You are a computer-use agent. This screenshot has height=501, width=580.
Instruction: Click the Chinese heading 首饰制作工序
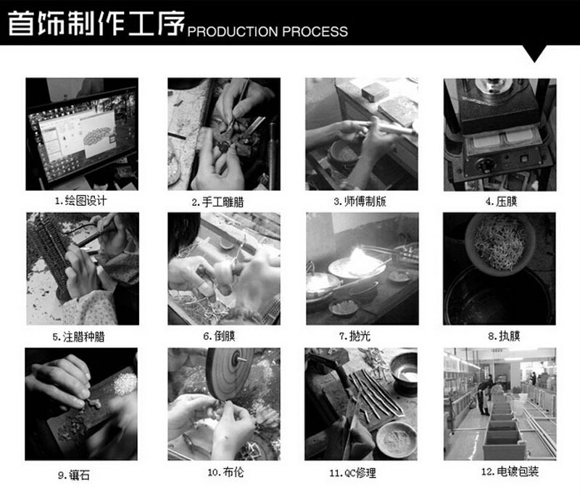pos(96,23)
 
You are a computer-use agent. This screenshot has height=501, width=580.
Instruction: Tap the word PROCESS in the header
pos(315,31)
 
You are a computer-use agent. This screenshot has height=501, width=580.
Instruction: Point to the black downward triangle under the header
pos(534,53)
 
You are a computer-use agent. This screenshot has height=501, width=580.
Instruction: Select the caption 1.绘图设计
pos(80,201)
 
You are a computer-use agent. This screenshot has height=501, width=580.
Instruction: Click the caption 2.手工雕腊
pos(217,202)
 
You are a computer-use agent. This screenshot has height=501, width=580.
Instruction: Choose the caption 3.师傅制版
pos(360,202)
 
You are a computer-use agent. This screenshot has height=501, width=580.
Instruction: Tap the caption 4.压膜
pos(501,202)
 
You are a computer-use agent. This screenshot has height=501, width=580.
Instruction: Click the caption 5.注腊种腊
pos(78,337)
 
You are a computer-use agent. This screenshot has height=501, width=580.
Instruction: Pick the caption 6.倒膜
pos(220,336)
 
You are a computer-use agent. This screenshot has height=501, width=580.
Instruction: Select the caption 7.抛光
pos(355,336)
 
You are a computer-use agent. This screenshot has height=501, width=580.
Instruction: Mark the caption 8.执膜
pos(504,336)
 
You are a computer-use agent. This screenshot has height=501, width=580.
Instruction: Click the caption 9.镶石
pos(74,475)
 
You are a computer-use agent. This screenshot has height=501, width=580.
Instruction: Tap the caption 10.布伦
pos(225,472)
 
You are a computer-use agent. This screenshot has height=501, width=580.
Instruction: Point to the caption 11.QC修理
pos(352,473)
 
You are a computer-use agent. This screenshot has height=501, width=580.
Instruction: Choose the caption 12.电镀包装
pos(510,472)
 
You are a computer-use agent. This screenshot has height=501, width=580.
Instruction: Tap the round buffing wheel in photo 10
pos(230,373)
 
